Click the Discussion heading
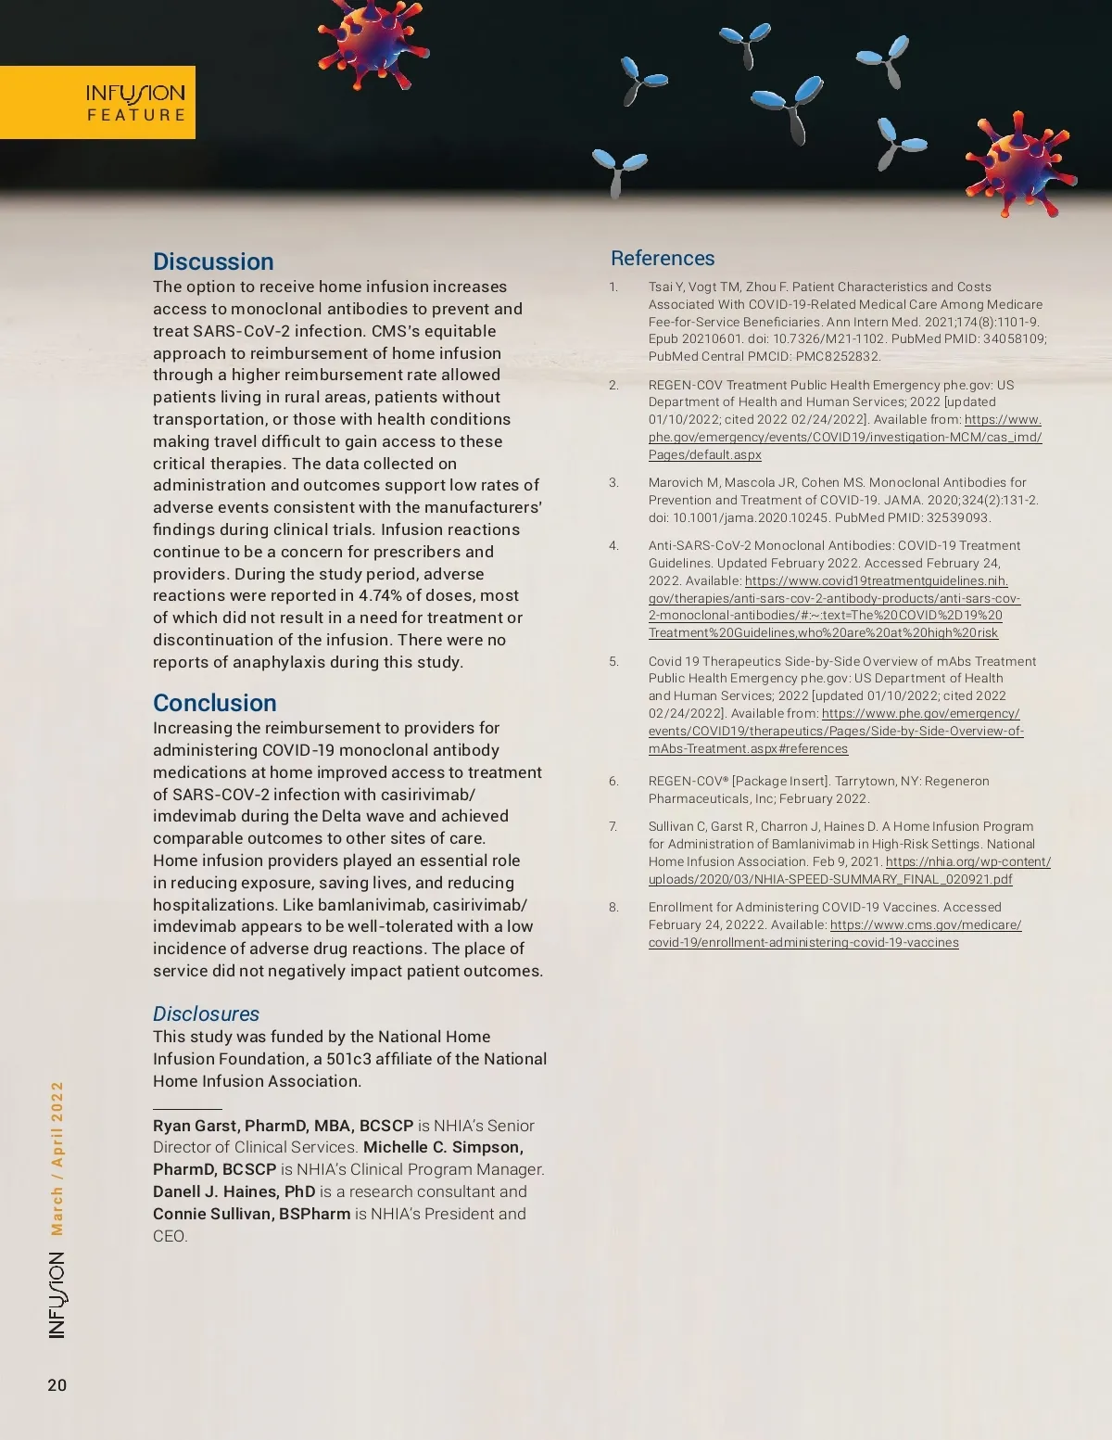point(213,261)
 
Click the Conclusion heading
point(215,703)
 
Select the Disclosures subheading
point(206,1013)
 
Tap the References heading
point(663,259)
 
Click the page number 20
point(57,1385)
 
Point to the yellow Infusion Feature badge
point(97,102)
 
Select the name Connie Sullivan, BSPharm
point(252,1214)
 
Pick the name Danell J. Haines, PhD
point(234,1192)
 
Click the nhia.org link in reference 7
point(967,861)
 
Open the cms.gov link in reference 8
point(925,924)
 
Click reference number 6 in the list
point(613,781)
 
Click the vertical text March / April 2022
point(57,1158)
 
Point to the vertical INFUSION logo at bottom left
point(57,1294)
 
